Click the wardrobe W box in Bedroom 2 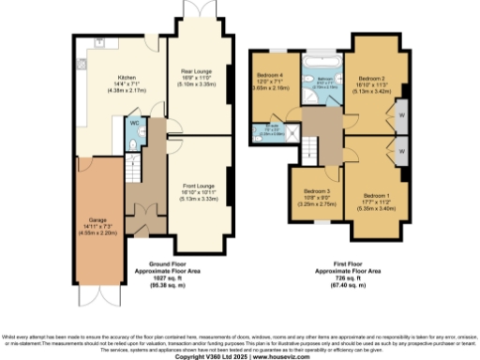[401, 117]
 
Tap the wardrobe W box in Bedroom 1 [401, 149]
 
